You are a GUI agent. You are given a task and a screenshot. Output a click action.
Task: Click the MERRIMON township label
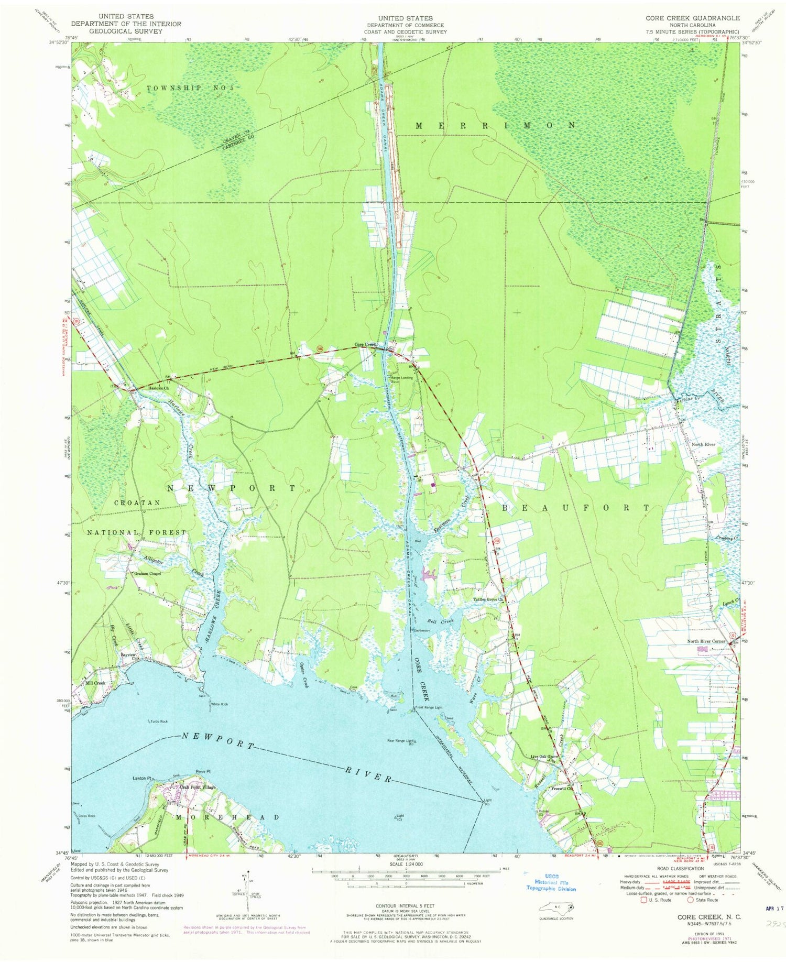[496, 125]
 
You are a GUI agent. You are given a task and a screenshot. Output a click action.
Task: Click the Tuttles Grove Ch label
[488, 599]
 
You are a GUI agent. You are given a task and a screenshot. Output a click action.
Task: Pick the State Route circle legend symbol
[690, 900]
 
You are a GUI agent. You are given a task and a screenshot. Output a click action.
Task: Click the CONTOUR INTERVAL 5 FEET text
[406, 905]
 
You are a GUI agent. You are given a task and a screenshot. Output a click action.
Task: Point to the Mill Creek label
[95, 683]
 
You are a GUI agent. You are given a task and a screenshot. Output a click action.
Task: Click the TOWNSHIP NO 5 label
[189, 88]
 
